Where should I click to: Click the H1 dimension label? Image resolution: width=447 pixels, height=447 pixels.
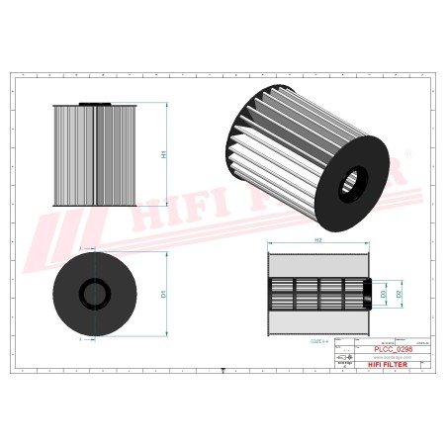click(164, 154)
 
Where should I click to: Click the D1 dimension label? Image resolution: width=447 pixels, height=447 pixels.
click(164, 294)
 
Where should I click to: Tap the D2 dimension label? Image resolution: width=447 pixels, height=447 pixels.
click(399, 295)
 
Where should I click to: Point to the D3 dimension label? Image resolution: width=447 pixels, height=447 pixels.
click(383, 295)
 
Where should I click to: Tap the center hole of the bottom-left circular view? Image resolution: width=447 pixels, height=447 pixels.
click(96, 294)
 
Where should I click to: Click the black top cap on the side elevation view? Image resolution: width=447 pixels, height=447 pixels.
click(96, 102)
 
